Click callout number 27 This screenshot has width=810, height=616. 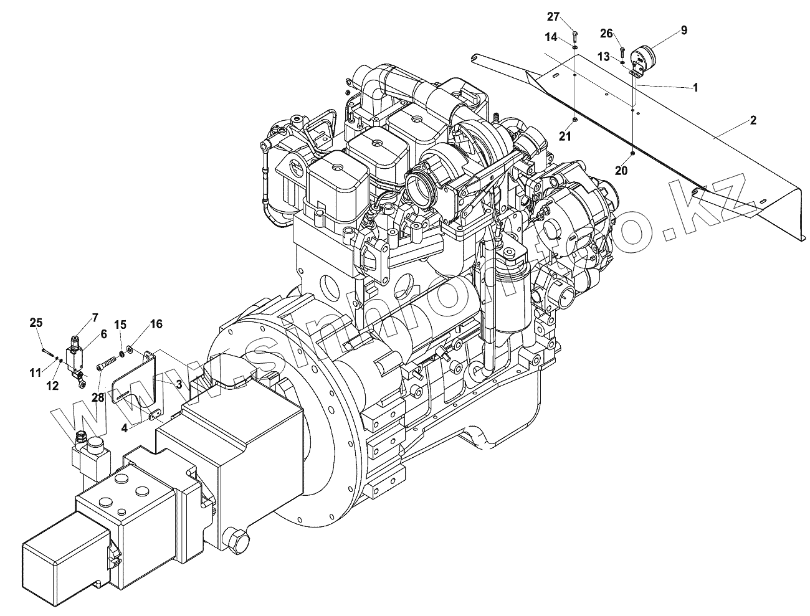tap(554, 16)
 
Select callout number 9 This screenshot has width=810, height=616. tap(684, 30)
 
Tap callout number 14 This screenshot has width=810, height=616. tap(551, 37)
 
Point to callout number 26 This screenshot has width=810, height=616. tap(607, 33)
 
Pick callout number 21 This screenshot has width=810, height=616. tap(565, 137)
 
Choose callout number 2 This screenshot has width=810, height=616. tap(753, 120)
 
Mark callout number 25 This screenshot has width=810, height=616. tap(36, 323)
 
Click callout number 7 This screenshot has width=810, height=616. tap(95, 318)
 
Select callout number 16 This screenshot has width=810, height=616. tap(155, 324)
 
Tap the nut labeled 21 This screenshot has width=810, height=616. tap(574, 118)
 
